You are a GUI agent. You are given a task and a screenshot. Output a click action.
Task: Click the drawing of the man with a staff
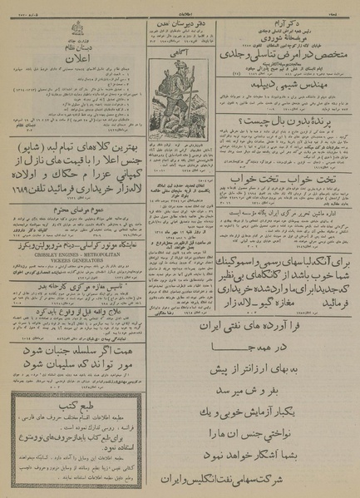point(180,91)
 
